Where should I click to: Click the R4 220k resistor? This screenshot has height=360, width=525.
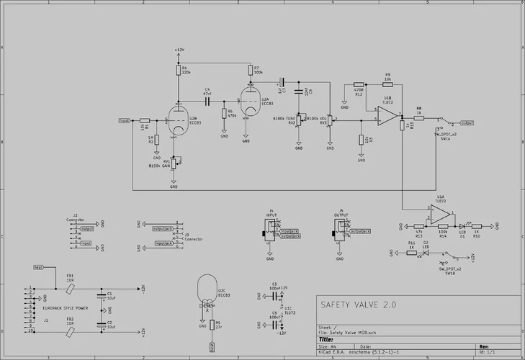tap(178, 70)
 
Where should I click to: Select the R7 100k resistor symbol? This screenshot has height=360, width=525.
tap(249, 70)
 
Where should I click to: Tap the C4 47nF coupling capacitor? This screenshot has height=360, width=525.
tap(207, 102)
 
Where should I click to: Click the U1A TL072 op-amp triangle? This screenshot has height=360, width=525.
tap(441, 213)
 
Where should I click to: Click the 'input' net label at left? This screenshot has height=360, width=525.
tap(124, 120)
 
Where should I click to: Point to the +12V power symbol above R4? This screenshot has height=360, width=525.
tap(178, 51)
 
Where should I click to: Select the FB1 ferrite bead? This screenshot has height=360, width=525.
tap(70, 288)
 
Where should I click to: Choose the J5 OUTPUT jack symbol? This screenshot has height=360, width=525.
tap(338, 230)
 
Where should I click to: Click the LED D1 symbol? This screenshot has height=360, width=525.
tap(462, 224)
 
